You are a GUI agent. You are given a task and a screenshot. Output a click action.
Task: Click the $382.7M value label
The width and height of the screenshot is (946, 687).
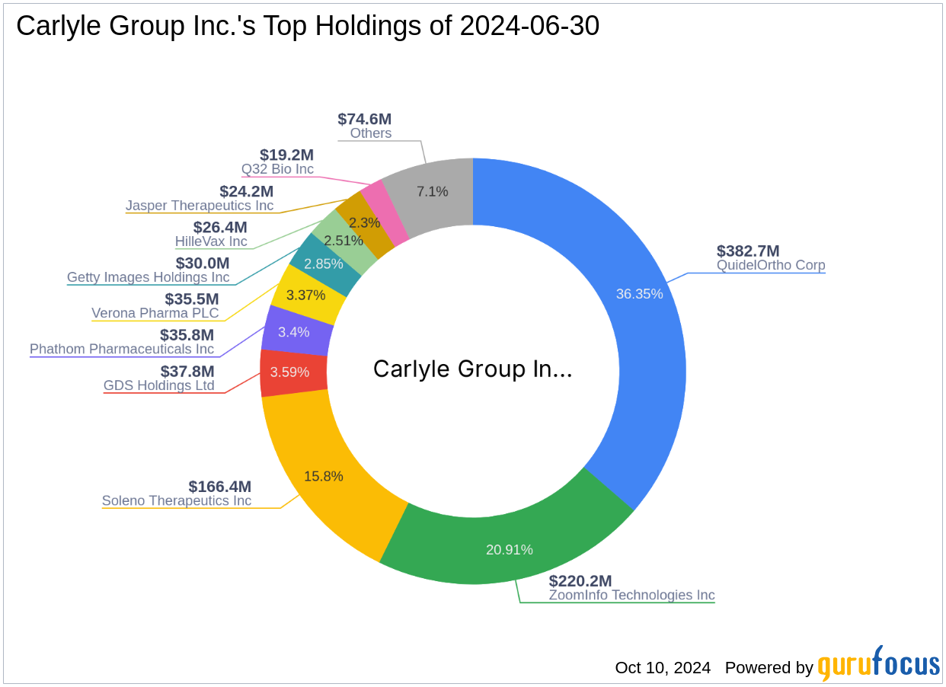click(x=748, y=251)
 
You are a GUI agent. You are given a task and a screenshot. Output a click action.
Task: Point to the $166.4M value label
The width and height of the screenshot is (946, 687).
click(x=219, y=487)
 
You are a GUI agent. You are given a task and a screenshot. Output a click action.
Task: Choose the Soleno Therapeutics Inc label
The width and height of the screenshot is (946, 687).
click(x=177, y=501)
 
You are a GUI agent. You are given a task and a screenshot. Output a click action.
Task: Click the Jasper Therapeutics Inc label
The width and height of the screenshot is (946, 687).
click(x=200, y=206)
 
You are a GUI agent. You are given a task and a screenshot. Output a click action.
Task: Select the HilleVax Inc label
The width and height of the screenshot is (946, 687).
click(x=211, y=241)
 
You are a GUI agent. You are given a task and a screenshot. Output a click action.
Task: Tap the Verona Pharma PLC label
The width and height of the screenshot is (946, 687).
click(x=155, y=313)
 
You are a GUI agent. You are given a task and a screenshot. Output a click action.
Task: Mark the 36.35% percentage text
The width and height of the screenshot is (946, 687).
click(x=639, y=294)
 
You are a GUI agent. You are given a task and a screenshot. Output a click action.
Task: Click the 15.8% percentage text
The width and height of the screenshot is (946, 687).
click(x=324, y=477)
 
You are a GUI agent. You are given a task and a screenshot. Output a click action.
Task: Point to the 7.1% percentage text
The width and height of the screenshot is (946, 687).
click(x=432, y=192)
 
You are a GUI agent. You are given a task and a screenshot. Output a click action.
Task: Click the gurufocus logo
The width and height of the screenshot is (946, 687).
click(x=878, y=665)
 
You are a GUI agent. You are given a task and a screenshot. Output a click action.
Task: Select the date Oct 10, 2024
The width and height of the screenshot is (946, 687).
click(x=663, y=668)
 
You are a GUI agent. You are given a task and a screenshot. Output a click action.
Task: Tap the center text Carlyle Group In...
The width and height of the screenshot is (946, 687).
click(x=472, y=369)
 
